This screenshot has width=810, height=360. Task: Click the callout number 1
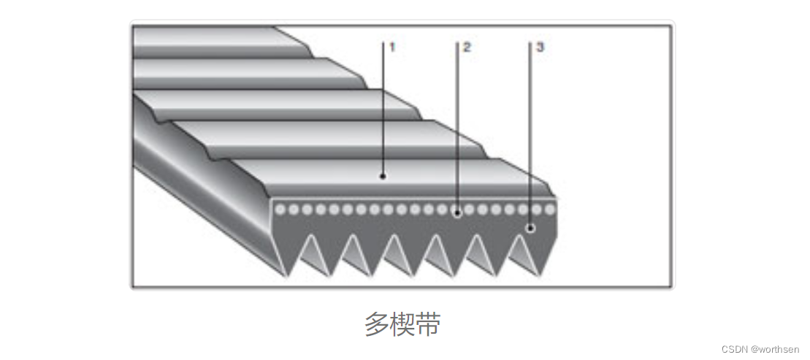[x=391, y=47]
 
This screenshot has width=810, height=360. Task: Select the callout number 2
[x=466, y=47]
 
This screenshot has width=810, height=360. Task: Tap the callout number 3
[x=539, y=47]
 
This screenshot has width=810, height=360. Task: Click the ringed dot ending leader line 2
[x=456, y=213]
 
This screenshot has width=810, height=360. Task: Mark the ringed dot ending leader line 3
[x=531, y=228]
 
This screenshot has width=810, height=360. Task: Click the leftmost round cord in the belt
[x=280, y=210]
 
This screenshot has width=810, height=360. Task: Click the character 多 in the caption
[x=377, y=324]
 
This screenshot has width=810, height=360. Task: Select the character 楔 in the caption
[x=402, y=324]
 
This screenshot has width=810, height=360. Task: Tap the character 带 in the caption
[x=428, y=324]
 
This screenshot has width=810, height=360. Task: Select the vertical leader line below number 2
[x=457, y=124]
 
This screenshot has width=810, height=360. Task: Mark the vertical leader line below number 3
[x=530, y=131]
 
